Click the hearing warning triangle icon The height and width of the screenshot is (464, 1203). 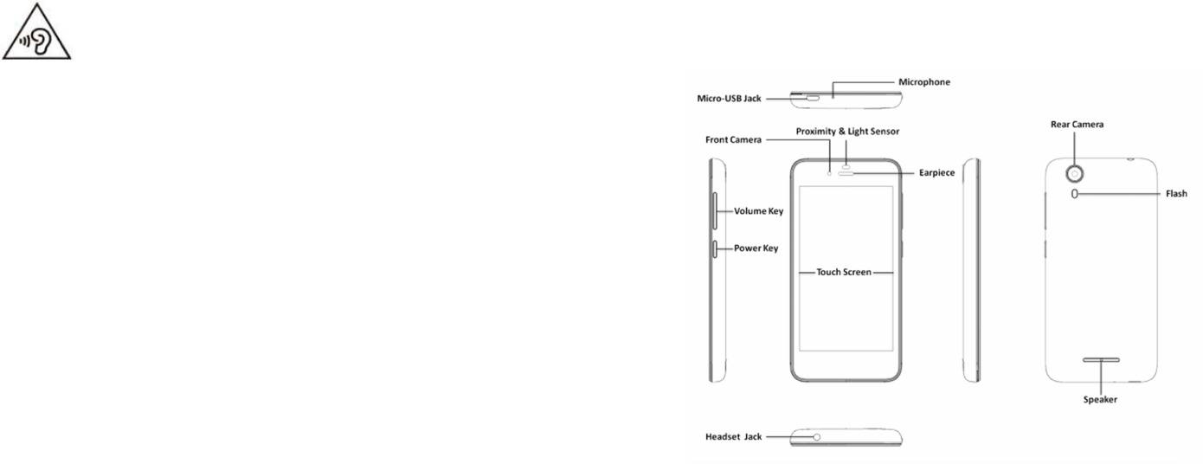[36, 40]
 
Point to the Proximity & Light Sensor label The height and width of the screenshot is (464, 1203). [848, 131]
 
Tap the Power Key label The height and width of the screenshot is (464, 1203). [756, 248]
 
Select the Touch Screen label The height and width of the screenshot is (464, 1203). [844, 272]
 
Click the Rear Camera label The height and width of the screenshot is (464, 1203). [1076, 124]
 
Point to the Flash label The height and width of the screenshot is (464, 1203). [1175, 194]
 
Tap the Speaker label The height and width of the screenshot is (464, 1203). [1101, 400]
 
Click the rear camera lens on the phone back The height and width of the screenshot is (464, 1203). [1076, 171]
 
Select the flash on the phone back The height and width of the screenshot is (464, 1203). [1075, 194]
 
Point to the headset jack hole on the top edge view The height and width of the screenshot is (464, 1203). [816, 437]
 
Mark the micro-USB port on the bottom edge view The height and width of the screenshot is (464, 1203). [813, 99]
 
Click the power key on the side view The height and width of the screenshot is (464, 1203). [715, 249]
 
